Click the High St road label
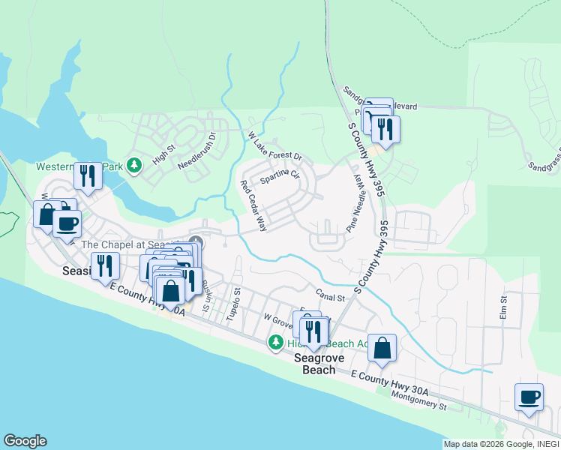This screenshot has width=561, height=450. [163, 155]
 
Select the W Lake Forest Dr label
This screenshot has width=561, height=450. [274, 146]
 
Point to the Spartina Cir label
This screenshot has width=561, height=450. [279, 177]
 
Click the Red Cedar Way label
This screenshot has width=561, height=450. [254, 205]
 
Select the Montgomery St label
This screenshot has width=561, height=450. [419, 404]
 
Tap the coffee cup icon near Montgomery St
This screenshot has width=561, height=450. [529, 397]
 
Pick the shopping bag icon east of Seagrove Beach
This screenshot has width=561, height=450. [382, 348]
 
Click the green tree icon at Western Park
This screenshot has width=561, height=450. [133, 164]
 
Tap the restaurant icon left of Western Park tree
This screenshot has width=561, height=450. [88, 175]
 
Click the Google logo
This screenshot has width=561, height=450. [25, 441]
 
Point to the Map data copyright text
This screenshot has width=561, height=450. [499, 444]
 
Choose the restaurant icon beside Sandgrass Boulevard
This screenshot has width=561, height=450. [385, 128]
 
